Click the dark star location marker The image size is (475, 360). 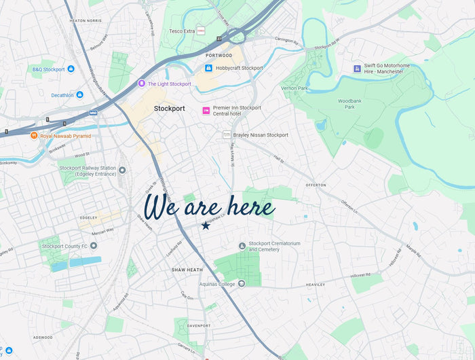tap(206, 226)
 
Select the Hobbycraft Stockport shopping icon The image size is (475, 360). tap(209, 68)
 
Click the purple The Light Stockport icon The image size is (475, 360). tap(141, 84)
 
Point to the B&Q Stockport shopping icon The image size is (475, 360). tap(71, 69)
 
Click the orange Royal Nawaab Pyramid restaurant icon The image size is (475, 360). tap(33, 136)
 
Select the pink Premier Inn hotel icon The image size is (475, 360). tap(206, 111)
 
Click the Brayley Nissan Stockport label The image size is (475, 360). tap(261, 135)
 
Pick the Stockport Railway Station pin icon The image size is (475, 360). tap(122, 170)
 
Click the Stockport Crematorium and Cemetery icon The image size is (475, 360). tap(242, 245)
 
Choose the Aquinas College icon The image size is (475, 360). tap(241, 284)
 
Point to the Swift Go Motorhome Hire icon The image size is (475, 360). tap(357, 69)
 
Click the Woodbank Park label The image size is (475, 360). tap(346, 104)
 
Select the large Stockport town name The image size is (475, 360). tap(170, 109)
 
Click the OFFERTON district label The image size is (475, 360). tap(316, 185)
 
